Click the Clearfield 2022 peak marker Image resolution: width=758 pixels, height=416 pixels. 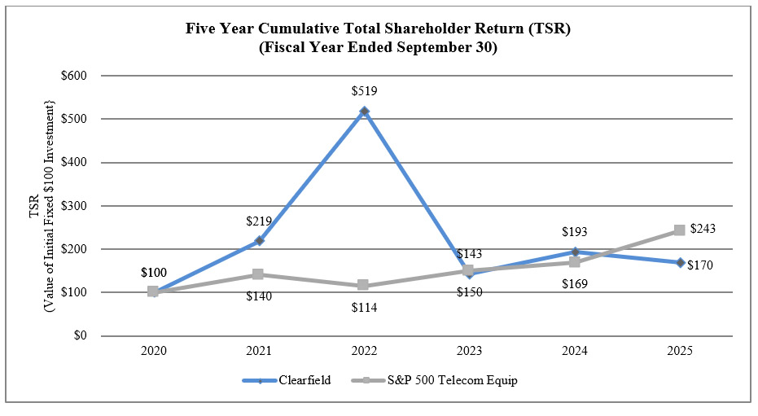(365, 111)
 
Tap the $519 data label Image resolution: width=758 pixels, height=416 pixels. (364, 91)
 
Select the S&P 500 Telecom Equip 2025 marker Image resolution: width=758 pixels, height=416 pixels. (680, 230)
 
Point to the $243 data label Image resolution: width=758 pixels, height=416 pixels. (703, 229)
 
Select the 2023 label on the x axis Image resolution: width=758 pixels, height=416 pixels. (469, 351)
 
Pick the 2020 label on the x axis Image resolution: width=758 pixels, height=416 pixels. (153, 351)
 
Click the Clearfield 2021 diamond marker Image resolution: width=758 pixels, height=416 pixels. (259, 241)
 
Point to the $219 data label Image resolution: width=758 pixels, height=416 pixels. (258, 221)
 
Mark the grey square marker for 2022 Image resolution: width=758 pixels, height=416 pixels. (364, 286)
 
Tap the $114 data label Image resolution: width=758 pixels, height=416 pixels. (364, 308)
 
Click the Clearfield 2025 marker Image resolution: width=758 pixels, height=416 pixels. (680, 262)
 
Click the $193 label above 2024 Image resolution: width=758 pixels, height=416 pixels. (575, 232)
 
